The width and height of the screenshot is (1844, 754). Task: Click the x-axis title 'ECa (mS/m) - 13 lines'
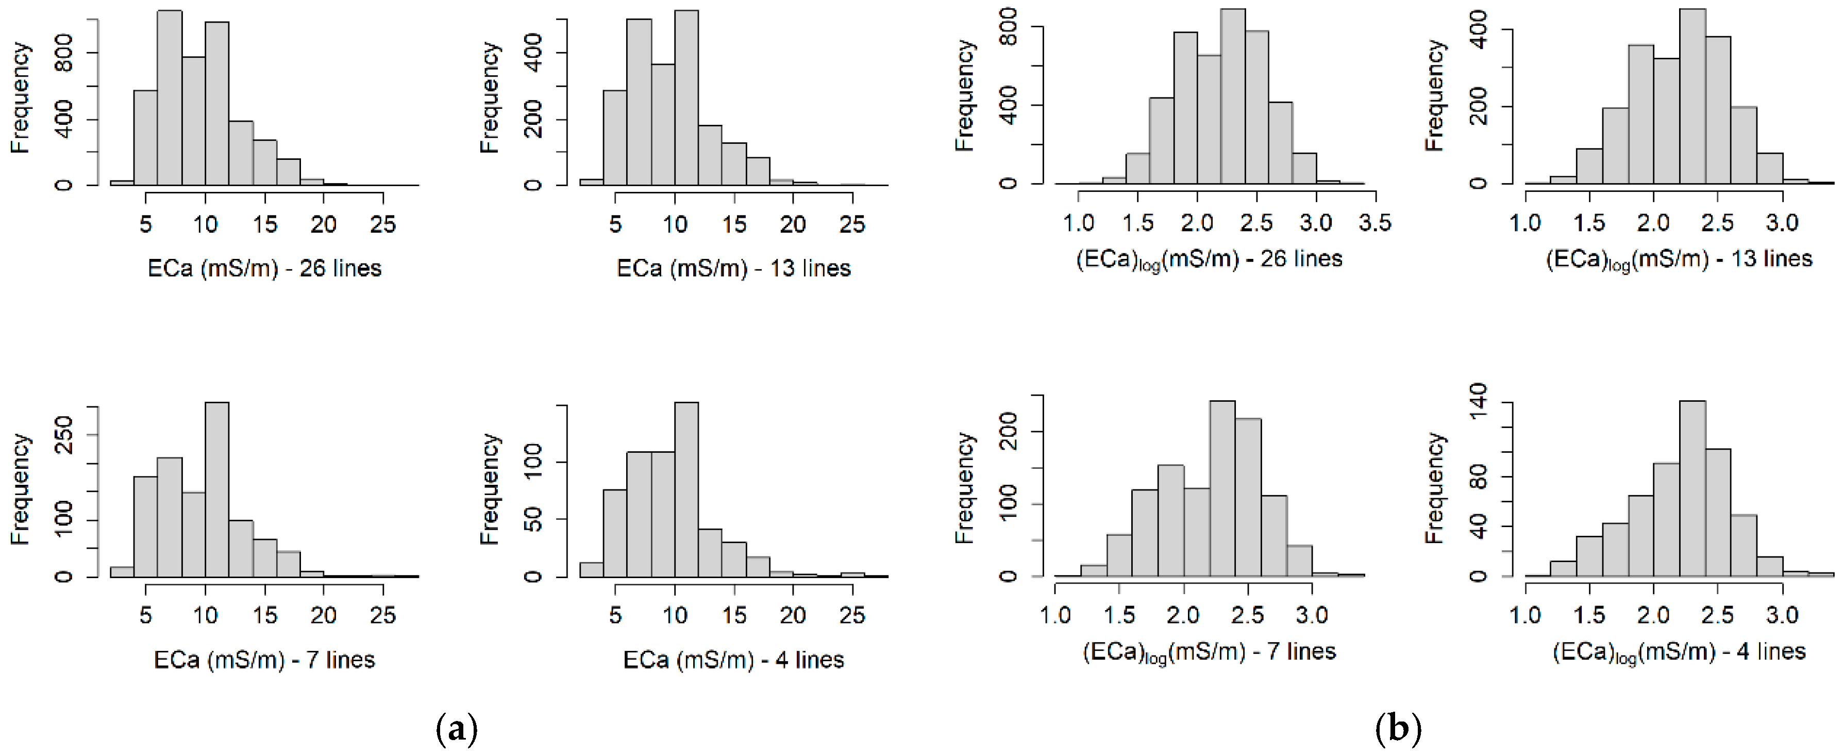[x=734, y=269]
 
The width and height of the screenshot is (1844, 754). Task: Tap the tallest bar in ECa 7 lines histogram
[x=217, y=490]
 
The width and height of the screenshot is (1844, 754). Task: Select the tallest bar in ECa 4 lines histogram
[x=686, y=490]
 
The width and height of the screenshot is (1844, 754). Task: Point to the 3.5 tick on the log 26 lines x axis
[x=1374, y=223]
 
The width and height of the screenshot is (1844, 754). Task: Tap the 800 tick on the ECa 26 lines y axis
[x=64, y=54]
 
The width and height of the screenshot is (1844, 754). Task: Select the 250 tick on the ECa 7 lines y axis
[x=64, y=435]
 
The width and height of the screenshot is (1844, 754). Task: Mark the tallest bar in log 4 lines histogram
[x=1691, y=488]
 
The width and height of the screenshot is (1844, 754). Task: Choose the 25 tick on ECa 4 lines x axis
[x=852, y=615]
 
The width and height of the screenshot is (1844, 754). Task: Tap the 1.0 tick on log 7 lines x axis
[x=1055, y=615]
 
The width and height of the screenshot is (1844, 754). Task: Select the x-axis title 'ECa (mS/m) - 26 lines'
[x=264, y=269]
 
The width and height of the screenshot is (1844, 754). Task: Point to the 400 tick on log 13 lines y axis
[x=1478, y=29]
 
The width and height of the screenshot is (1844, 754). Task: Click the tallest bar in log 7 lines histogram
[x=1222, y=488]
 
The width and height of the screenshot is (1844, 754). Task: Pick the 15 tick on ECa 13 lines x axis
[x=734, y=224]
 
